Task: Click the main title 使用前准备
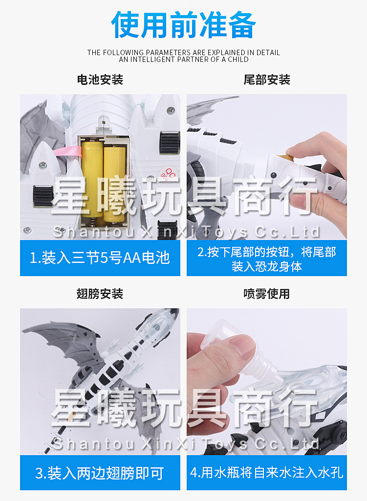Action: coord(183,25)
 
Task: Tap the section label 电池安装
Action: coord(100,80)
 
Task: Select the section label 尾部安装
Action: coord(266,80)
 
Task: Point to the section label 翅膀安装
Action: coord(100,294)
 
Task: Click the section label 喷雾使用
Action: coord(266,294)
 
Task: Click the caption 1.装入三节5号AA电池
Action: coord(100,258)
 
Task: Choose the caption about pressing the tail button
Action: coord(266,259)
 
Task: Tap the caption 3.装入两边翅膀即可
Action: coord(100,473)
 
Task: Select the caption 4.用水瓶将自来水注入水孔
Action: coord(266,473)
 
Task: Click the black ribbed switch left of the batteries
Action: coord(43,196)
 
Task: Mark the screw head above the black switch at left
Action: coord(43,165)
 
